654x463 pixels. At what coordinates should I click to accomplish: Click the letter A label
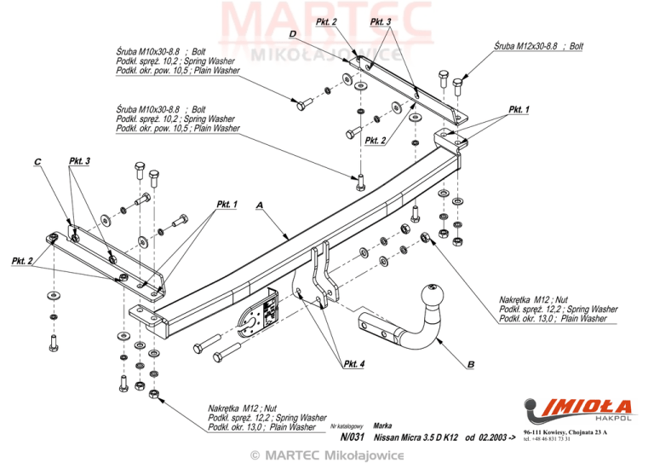coord(260,205)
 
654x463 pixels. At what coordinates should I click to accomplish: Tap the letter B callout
coord(471,364)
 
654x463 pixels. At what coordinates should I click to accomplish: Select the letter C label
coord(38,162)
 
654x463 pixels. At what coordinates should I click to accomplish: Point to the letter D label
coord(293,34)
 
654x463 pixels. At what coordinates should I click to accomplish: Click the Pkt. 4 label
coord(353,364)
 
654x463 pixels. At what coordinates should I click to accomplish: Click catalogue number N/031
coord(353,437)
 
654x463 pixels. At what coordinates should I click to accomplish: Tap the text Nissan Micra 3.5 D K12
coord(416,437)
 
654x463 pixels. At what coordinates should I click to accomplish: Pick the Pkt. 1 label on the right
coord(519,109)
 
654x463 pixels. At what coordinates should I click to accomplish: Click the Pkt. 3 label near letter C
coord(79,161)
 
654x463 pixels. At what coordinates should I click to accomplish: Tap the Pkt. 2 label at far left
coord(21,261)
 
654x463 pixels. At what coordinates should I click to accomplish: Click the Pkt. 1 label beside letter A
coord(227,204)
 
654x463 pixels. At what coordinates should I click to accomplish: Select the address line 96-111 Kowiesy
coord(565,432)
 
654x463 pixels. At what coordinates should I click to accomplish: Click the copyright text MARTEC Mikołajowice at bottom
coord(327,455)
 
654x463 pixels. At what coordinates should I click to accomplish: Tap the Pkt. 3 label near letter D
coord(381,21)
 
